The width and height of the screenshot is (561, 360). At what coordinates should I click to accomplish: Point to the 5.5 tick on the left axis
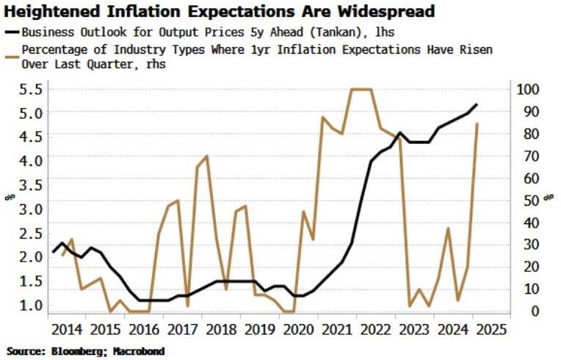30,89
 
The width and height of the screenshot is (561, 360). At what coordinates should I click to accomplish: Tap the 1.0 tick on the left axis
30,304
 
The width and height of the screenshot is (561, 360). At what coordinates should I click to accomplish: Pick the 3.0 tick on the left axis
30,209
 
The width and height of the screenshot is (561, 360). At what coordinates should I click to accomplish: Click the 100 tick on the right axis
529,89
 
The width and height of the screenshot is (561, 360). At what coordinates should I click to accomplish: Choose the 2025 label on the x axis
491,328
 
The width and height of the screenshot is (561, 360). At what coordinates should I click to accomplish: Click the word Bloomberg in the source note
75,351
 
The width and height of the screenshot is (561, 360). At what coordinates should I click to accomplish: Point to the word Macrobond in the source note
139,351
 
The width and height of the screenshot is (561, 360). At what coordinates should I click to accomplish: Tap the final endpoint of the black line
477,105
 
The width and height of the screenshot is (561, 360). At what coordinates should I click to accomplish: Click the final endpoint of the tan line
478,124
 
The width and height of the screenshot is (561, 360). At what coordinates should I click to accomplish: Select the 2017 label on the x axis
187,328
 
